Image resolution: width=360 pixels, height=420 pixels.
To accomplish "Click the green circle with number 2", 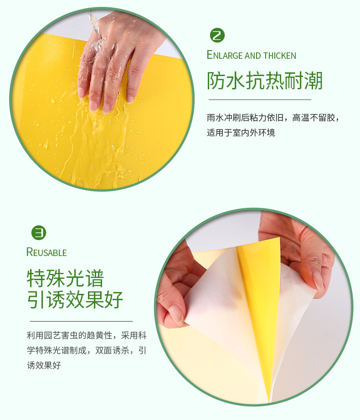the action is click(x=217, y=35).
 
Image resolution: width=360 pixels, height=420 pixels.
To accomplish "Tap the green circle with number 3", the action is click(x=39, y=233).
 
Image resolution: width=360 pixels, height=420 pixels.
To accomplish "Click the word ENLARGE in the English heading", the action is click(x=225, y=55).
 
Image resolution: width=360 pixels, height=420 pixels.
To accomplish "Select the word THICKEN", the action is click(x=280, y=56).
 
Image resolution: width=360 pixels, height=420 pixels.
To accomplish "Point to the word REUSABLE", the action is click(x=46, y=252).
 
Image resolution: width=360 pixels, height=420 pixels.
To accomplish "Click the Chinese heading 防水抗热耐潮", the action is click(x=265, y=81).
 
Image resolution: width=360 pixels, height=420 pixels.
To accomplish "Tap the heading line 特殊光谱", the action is click(x=65, y=279).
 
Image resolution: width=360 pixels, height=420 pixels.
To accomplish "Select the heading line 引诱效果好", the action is click(x=75, y=299).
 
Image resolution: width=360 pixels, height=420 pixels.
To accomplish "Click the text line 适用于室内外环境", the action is click(x=241, y=133).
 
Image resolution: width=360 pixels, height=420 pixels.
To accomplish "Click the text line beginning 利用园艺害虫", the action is click(x=87, y=335).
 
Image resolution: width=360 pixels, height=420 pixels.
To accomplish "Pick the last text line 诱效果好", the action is click(x=44, y=365).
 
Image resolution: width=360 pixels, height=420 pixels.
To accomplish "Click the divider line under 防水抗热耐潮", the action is click(x=260, y=100).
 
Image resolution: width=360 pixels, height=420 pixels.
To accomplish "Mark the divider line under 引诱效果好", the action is click(x=81, y=321).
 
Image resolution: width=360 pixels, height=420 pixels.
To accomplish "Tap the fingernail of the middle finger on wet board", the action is click(x=106, y=108).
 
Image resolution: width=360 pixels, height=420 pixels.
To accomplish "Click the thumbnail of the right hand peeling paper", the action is click(x=318, y=281).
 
